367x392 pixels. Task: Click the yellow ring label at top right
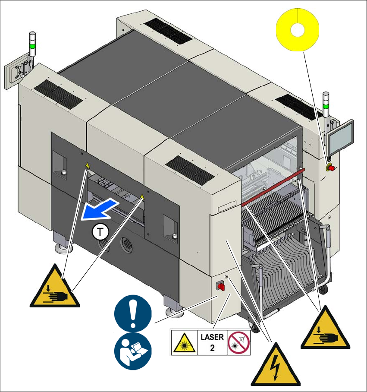tap(297, 29)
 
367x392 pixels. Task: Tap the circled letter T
tap(100, 232)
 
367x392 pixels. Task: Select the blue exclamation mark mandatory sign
tap(133, 313)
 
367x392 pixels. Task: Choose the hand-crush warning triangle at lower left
tap(54, 287)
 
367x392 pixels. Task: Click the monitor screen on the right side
tap(340, 135)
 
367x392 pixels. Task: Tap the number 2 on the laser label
tap(212, 348)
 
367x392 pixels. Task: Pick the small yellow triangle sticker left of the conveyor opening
tap(87, 165)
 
